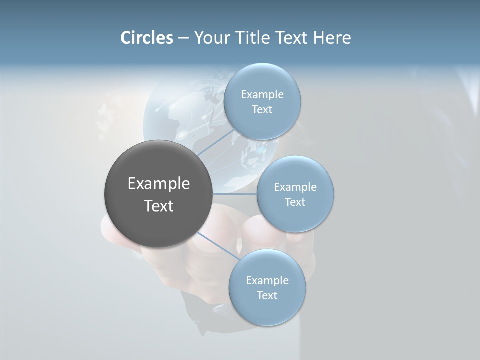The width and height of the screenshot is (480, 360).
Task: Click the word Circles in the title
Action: click(146, 38)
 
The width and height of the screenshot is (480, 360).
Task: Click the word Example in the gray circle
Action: click(159, 184)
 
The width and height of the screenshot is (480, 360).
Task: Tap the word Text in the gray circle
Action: click(159, 206)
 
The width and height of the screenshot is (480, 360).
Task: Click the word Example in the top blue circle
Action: click(262, 95)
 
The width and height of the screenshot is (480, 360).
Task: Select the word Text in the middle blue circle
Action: click(295, 202)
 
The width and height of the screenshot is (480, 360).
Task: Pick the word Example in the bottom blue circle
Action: click(267, 280)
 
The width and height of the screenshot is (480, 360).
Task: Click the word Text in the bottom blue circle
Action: click(267, 295)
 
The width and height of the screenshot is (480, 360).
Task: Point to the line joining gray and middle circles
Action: click(235, 194)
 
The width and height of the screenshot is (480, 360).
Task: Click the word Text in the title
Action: click(294, 38)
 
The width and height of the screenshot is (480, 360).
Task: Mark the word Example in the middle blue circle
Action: click(295, 187)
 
